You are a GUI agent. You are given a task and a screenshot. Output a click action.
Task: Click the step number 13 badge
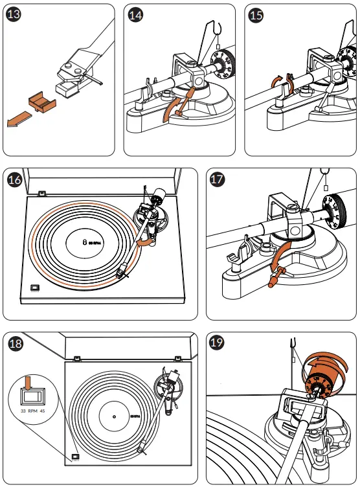point(14,16)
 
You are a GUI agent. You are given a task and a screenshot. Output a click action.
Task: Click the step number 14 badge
point(135,16)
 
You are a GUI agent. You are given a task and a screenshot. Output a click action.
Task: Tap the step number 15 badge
point(256,16)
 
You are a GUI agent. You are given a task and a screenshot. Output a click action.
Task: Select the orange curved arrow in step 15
point(277,81)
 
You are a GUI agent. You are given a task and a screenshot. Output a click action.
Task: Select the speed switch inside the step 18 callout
point(28,396)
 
